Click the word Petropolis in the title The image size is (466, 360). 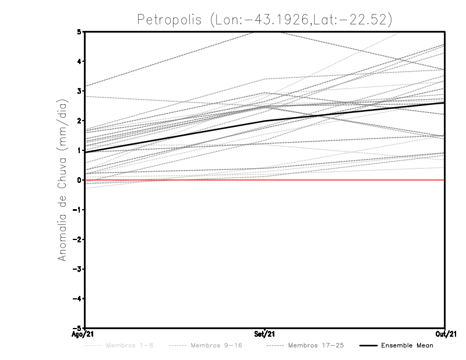[169, 19]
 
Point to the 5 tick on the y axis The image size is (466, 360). [79, 31]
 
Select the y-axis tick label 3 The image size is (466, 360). [79, 91]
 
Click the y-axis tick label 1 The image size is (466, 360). [79, 150]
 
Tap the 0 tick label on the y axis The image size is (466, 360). [79, 180]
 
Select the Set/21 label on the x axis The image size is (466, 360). [264, 334]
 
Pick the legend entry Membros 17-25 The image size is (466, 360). [316, 345]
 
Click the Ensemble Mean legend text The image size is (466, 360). [407, 345]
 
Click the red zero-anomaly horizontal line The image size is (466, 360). [175, 180]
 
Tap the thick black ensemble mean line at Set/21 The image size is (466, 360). [265, 121]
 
